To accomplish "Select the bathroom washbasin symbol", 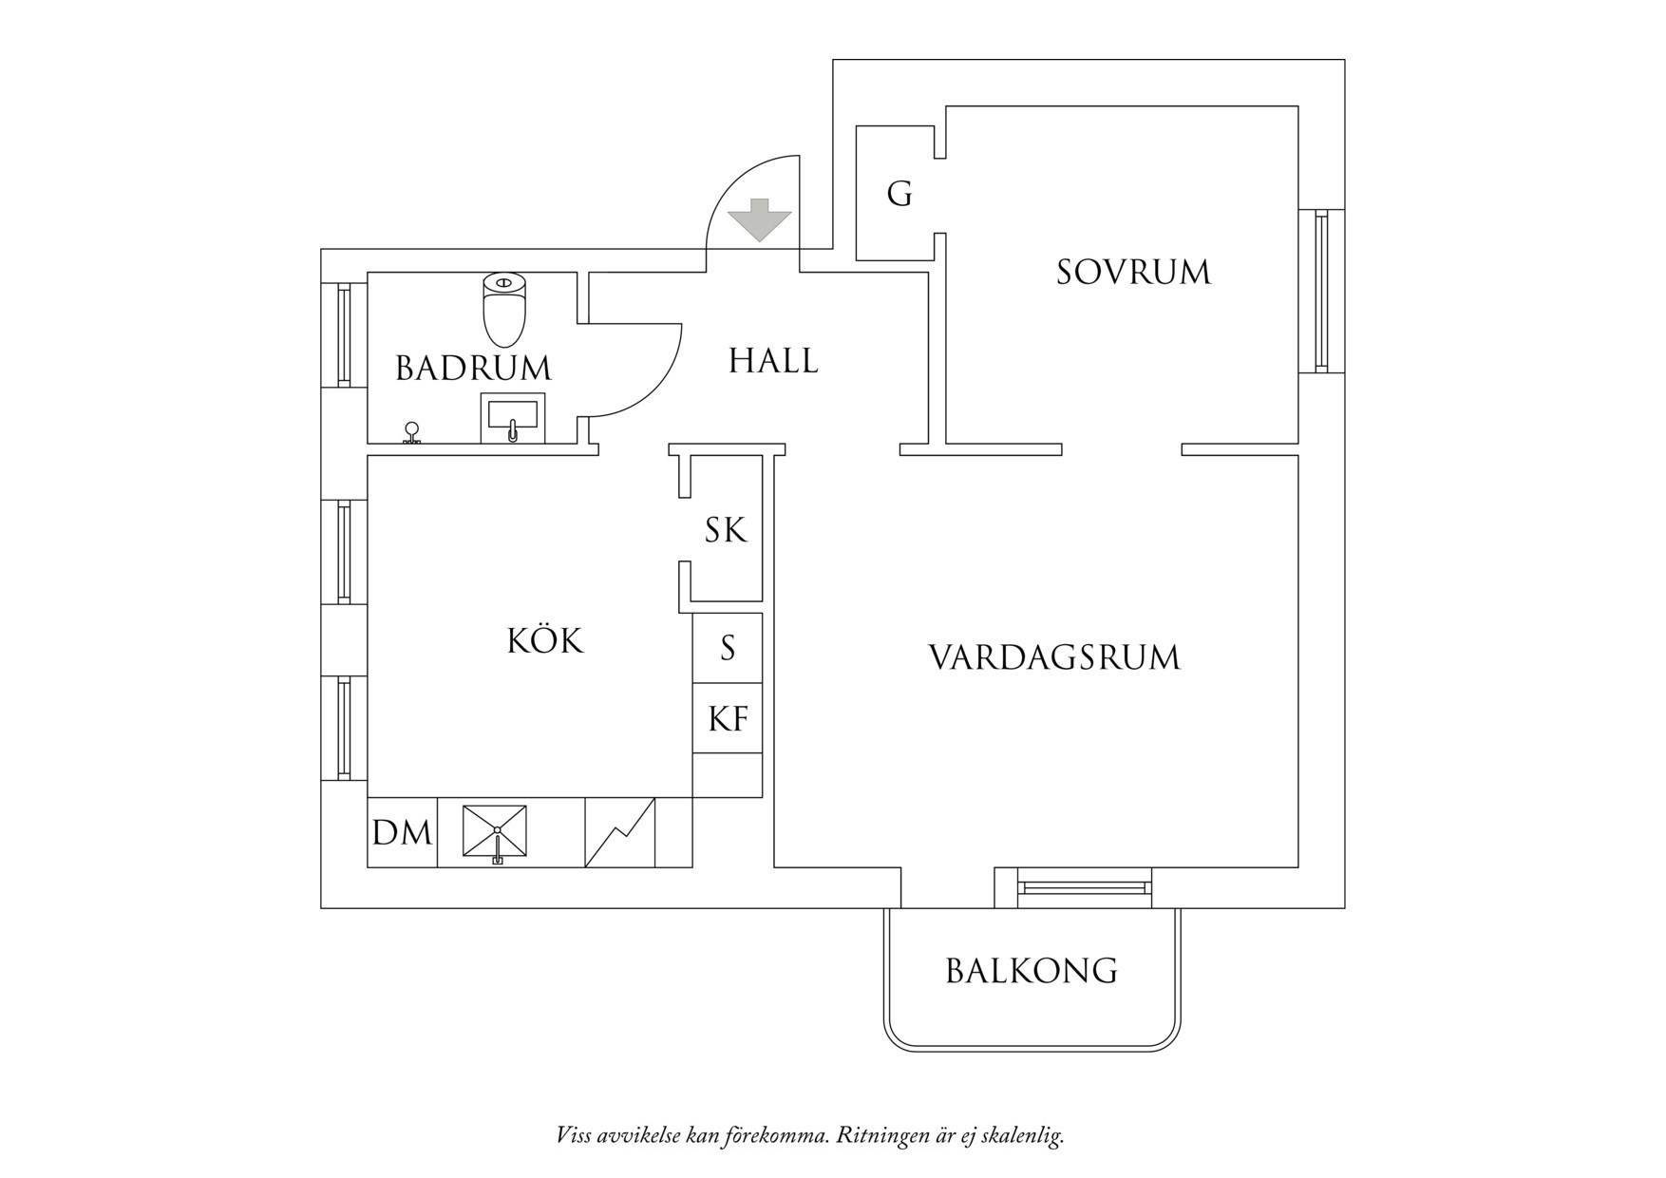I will click(513, 417).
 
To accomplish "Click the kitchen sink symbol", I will click(495, 832).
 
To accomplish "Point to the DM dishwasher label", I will click(402, 833).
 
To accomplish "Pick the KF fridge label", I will click(728, 719).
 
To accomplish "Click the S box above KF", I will click(728, 648).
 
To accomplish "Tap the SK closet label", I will click(726, 530).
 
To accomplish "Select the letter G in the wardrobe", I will click(899, 194).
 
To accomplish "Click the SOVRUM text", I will click(1133, 273).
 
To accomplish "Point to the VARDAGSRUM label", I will click(1053, 657).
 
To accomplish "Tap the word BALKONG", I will click(1032, 971).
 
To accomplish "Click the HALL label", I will click(773, 361).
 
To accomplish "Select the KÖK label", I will click(545, 641).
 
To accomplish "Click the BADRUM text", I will click(473, 368).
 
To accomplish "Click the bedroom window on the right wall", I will click(1321, 291).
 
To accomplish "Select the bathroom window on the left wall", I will click(344, 334).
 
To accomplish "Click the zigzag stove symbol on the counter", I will click(619, 833).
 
